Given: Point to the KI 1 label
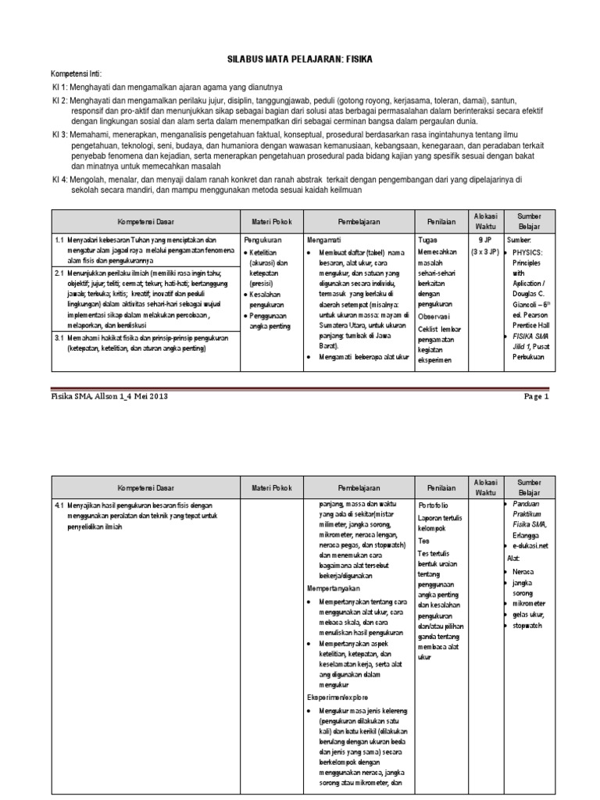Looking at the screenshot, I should [60, 86].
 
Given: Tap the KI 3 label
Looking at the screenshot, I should [60, 134].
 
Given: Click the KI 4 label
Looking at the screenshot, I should [60, 179].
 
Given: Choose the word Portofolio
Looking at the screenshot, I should [435, 506].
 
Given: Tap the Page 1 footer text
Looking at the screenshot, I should [537, 396].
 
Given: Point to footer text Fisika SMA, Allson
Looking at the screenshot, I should [85, 396].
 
